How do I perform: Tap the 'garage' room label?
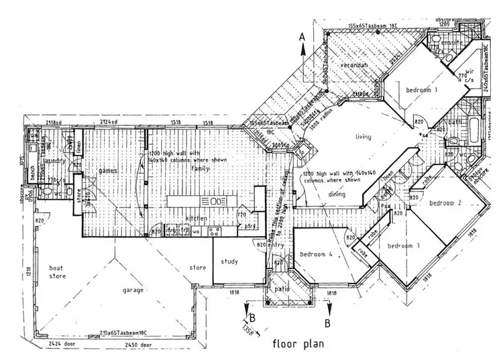coord(136,292)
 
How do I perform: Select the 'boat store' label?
coord(58,272)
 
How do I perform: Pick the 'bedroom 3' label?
coord(403,245)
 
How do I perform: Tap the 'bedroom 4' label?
coord(316,254)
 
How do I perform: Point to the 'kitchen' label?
coord(195,219)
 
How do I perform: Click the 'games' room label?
coord(109,170)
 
